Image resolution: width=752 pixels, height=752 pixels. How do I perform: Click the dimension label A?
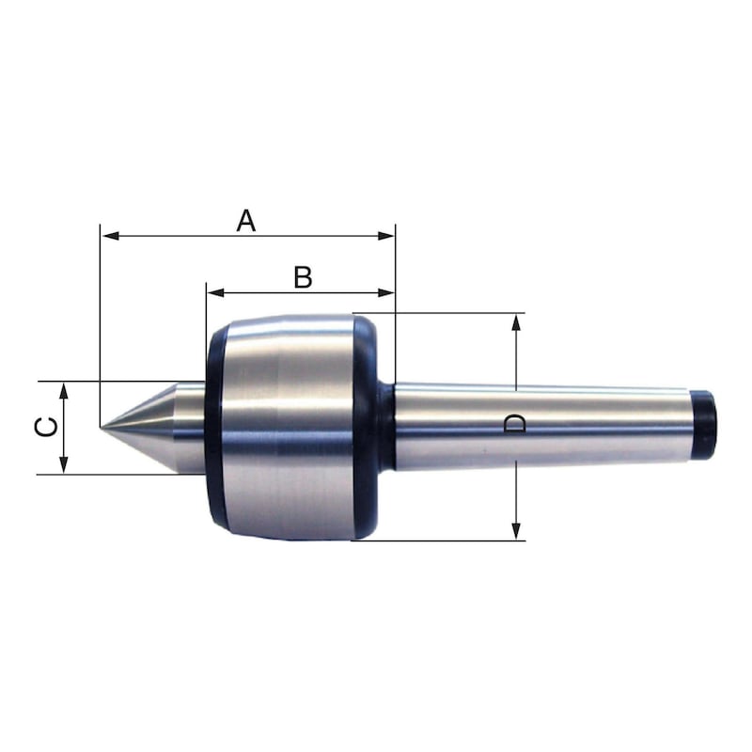point(245,221)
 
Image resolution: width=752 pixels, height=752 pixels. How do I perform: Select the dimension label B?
point(302,277)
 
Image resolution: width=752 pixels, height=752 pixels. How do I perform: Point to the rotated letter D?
point(515,425)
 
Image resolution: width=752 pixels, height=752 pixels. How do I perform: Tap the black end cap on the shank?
point(704,426)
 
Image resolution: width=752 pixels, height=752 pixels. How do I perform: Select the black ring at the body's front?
point(213,428)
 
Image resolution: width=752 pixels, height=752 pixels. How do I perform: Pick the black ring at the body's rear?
point(365,428)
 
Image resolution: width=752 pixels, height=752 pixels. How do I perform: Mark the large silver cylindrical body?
point(287,428)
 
